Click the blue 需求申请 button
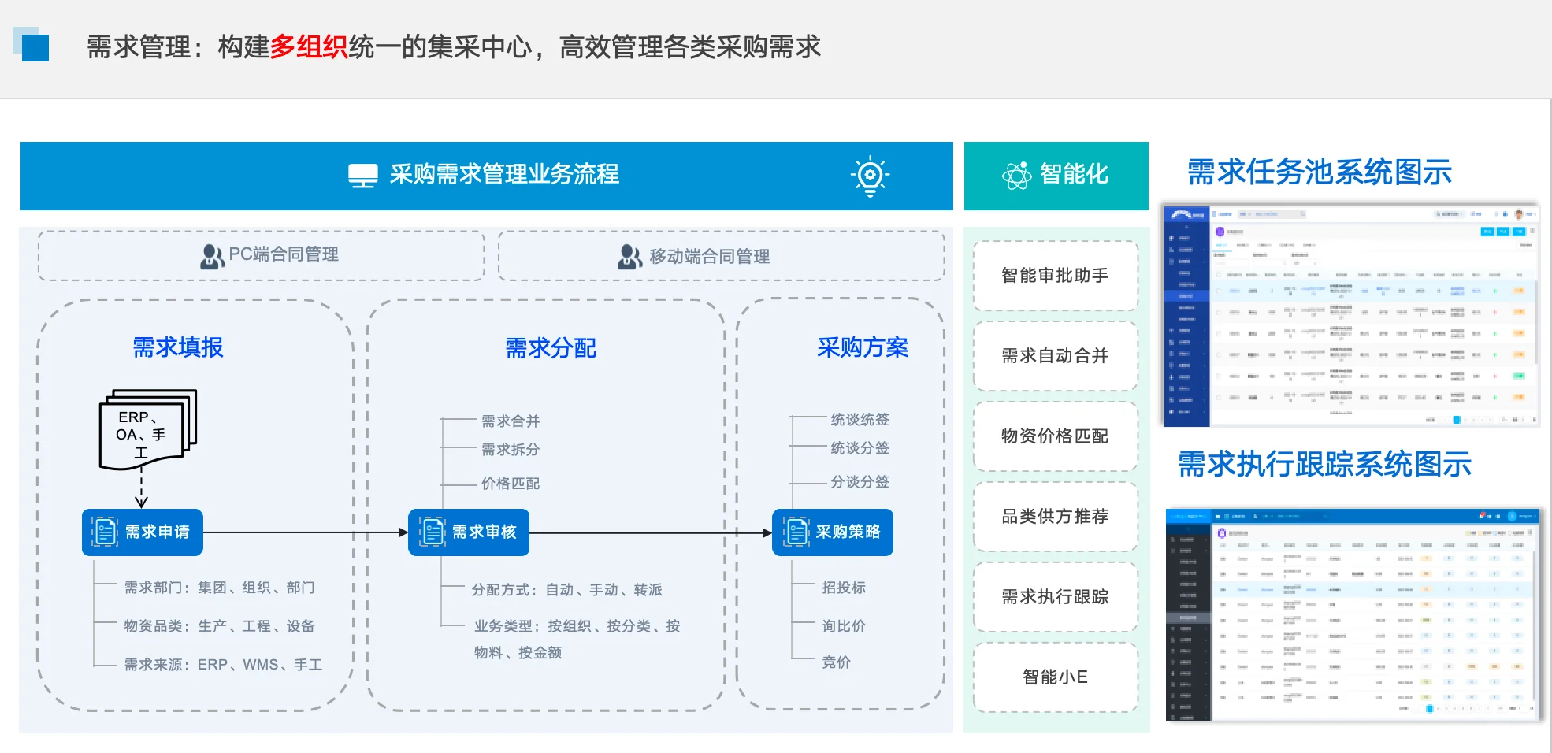coord(143,532)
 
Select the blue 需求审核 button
coord(469,532)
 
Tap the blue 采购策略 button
coord(833,532)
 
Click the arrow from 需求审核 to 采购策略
coord(650,533)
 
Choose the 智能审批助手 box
coord(1055,276)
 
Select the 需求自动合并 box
coord(1055,356)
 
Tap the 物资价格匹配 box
coord(1055,436)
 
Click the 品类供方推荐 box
coord(1055,517)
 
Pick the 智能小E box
coord(1055,677)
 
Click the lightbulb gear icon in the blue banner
coord(870,176)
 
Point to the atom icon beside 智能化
coord(1016,175)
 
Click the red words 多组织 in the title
coord(309,47)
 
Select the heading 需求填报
coord(178,347)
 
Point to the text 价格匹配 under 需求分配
coord(511,484)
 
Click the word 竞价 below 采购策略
coord(836,662)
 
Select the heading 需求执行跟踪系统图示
coord(1324,465)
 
